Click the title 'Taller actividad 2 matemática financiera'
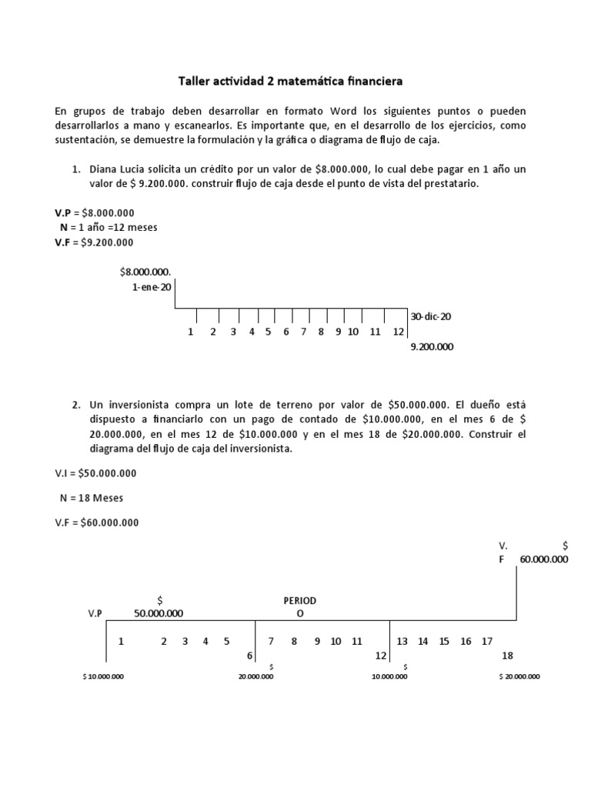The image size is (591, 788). pos(290,80)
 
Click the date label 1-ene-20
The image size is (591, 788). pos(152,286)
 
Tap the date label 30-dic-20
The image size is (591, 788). pos(430,316)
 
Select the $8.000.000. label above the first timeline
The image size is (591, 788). pos(145,271)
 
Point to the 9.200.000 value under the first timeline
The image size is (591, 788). pos(432,347)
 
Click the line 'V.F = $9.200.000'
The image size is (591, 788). pos(94,242)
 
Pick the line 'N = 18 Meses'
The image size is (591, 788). pos(91,498)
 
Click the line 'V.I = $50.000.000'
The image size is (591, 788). pos(95,473)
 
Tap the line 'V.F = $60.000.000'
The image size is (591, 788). pos(97,523)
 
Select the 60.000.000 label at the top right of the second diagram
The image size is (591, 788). pos(544,559)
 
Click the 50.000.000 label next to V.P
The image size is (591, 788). pos(159,613)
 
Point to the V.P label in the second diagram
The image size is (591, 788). pos(95,613)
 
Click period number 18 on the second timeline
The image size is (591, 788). pos(507,656)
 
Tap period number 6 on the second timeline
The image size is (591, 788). pos(249,656)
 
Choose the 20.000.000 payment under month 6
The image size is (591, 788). pos(255,676)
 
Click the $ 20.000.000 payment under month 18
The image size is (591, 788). pos(519,676)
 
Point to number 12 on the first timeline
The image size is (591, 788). pos(398,332)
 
